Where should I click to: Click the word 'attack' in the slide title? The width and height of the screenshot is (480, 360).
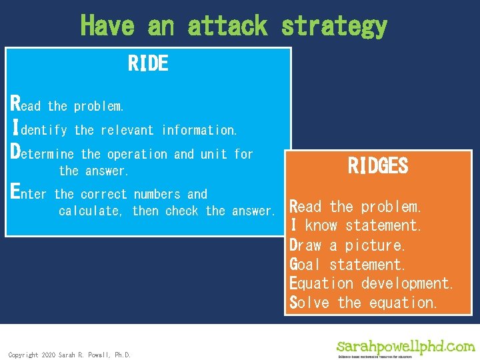click(227, 26)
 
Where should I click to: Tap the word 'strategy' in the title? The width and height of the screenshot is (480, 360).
click(334, 26)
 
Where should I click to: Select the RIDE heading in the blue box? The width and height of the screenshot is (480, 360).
click(148, 64)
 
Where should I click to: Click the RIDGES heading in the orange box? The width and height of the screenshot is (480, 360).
click(377, 165)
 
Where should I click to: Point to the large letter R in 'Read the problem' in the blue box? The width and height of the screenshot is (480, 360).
click(16, 103)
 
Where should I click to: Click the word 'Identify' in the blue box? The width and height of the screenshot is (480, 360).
click(39, 129)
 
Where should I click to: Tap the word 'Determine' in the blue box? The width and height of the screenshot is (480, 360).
click(43, 153)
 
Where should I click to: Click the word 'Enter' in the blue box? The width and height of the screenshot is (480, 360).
click(31, 193)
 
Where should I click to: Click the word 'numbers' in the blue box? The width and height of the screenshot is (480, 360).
click(157, 194)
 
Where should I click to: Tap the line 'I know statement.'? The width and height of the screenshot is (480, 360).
click(355, 226)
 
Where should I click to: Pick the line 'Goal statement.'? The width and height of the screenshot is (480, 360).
click(347, 265)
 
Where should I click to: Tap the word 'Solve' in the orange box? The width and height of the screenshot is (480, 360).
click(309, 303)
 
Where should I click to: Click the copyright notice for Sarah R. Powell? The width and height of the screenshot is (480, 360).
click(69, 355)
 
